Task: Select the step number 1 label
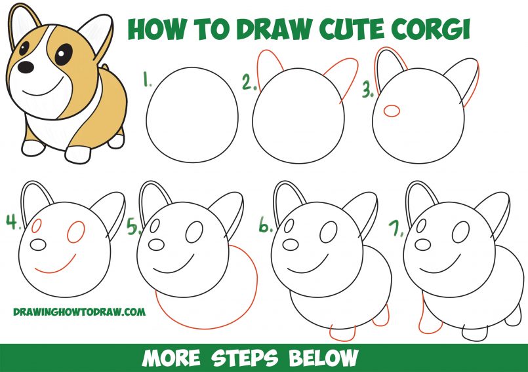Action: tap(148, 81)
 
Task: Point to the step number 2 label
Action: tap(248, 83)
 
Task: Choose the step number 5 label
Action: tap(134, 227)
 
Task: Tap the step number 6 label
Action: tap(265, 227)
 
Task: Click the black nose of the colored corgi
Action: tap(25, 67)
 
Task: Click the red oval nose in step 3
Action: tap(391, 111)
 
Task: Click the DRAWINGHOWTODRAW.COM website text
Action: tap(79, 312)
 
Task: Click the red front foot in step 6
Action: tap(342, 331)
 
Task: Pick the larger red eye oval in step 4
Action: tap(76, 231)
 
